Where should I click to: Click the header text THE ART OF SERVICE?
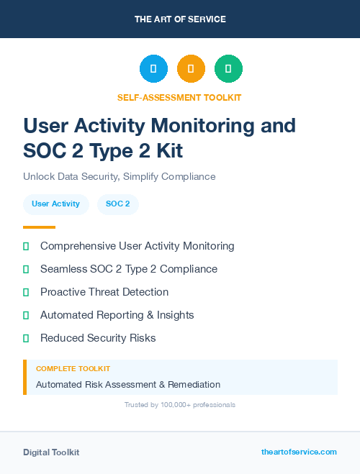[180, 19]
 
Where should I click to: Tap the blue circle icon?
[153, 69]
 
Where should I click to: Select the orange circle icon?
[191, 69]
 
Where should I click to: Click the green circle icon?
[228, 69]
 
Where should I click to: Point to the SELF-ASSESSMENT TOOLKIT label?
[179, 97]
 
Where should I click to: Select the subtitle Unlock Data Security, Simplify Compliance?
[119, 176]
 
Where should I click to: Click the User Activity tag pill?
[55, 204]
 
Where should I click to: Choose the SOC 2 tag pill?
[117, 204]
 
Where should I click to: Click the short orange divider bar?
[39, 227]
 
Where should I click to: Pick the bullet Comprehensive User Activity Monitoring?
[137, 246]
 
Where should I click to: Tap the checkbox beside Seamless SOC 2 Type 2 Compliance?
[26, 269]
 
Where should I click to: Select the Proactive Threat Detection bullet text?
[104, 292]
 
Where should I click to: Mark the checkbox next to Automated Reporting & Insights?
[26, 315]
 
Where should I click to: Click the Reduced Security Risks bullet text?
[98, 338]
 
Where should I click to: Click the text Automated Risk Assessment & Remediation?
[128, 384]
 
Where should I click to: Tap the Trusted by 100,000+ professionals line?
[180, 405]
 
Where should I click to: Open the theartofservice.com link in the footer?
[299, 452]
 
